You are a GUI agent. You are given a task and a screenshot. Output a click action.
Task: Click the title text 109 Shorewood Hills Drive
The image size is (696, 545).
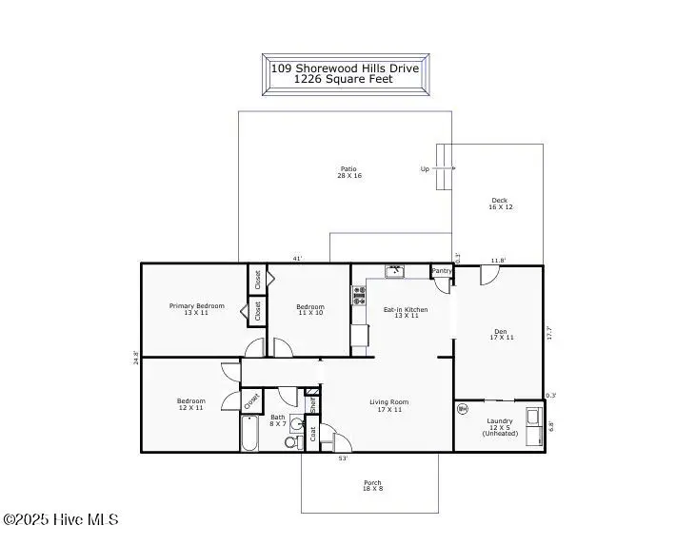tap(345, 68)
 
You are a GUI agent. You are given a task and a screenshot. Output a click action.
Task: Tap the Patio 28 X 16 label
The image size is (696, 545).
tap(349, 172)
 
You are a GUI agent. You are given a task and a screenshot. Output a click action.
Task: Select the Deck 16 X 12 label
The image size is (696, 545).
tap(501, 204)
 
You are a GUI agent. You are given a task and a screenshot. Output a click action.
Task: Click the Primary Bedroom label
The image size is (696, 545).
tap(197, 309)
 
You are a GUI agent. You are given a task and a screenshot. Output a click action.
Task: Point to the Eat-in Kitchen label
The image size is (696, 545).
tap(406, 312)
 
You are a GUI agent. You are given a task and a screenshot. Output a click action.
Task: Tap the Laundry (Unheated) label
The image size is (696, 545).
tap(500, 427)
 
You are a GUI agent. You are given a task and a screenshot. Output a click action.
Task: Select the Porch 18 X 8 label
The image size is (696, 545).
tap(372, 486)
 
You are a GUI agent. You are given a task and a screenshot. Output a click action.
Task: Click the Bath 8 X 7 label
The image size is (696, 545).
tap(277, 420)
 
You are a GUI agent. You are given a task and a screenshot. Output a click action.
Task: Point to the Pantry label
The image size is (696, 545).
tap(442, 271)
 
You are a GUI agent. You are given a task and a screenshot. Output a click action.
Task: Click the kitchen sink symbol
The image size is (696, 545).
tap(395, 271)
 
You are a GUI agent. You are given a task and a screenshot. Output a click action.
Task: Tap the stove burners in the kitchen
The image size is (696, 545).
tap(359, 295)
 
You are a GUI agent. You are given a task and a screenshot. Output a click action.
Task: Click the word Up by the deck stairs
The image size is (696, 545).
tap(425, 169)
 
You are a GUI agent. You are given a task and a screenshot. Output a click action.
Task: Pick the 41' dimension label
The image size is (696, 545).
tap(298, 259)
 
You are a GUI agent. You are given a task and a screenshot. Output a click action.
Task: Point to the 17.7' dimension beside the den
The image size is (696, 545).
tap(548, 333)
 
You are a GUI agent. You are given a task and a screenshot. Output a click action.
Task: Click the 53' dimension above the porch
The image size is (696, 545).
tap(343, 458)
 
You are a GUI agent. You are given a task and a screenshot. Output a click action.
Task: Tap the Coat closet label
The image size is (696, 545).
tap(313, 435)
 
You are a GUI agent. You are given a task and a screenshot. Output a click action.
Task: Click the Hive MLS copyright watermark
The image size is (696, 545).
tap(61, 519)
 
